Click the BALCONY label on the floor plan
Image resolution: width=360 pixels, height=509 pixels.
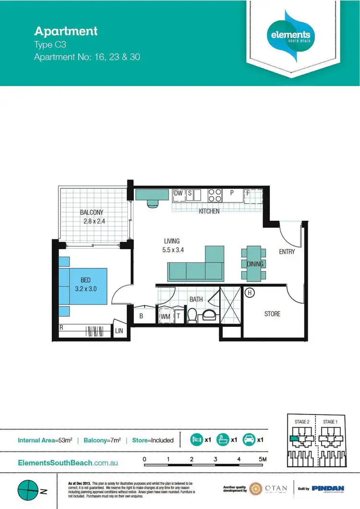[x=92, y=213]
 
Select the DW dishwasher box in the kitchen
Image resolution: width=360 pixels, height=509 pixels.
[x=179, y=193]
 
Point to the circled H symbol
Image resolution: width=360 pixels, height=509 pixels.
[x=249, y=292]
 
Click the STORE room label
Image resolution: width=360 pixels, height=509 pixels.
[x=272, y=314]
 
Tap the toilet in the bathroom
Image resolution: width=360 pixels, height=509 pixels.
[x=192, y=316]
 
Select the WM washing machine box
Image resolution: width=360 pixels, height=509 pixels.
[x=165, y=317]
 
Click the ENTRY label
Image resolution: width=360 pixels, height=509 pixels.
[x=287, y=251]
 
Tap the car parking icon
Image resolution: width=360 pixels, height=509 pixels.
[x=249, y=439]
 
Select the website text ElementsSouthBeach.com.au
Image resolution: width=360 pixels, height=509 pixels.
[x=68, y=463]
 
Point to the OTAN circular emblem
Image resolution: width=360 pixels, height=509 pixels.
[x=256, y=489]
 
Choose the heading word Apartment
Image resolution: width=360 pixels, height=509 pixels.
[x=66, y=32]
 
